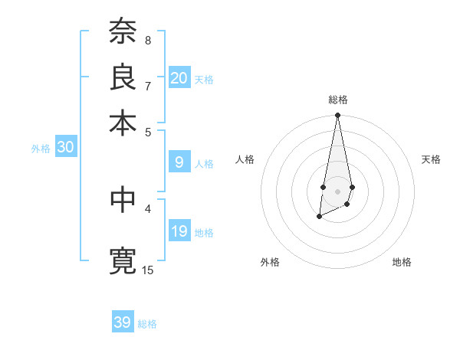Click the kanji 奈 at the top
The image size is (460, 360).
point(123,32)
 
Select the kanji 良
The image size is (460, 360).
point(123,77)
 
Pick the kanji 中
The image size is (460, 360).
point(123,201)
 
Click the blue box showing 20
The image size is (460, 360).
point(179,78)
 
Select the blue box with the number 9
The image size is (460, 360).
point(179,162)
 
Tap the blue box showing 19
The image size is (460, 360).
point(179,231)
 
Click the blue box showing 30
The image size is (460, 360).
point(65,148)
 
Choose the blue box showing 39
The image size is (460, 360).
point(123,322)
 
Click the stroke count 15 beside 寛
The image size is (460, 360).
point(148,270)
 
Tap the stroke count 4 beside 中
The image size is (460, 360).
point(147,208)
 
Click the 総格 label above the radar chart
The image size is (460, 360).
point(337,100)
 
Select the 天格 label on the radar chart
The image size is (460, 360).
point(431,159)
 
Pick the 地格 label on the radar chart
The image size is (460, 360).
point(402,262)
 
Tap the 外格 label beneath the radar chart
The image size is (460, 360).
point(270,262)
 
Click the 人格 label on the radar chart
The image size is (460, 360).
point(245,159)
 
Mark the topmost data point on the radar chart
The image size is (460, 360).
point(337,116)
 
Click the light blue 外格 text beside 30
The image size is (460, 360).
point(41,149)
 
